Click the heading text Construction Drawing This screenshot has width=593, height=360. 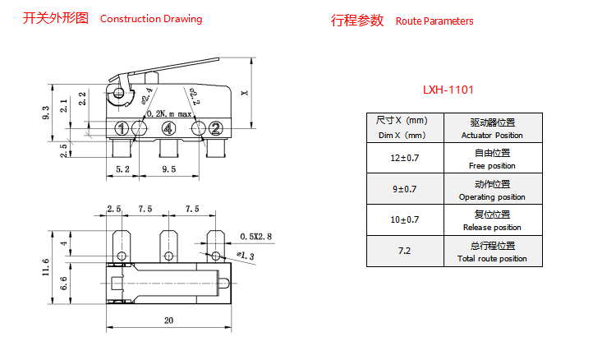point(150,19)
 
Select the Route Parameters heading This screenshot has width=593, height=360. point(434,21)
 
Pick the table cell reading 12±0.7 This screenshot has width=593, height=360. point(404,158)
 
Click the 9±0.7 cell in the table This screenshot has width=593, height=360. point(404,189)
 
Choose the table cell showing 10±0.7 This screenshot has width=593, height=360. point(404,219)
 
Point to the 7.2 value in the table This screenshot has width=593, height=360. point(404,251)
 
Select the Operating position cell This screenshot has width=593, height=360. point(492,190)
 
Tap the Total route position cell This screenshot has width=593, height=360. point(492,252)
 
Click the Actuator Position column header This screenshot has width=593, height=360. point(492,128)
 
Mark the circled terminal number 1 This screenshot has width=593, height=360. point(121,128)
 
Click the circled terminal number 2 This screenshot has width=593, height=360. point(215,128)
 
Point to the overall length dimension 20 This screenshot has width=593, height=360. point(169,321)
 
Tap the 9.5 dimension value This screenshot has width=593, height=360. point(169,169)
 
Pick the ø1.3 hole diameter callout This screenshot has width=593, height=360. point(245,256)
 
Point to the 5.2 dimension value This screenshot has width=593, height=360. point(122,169)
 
